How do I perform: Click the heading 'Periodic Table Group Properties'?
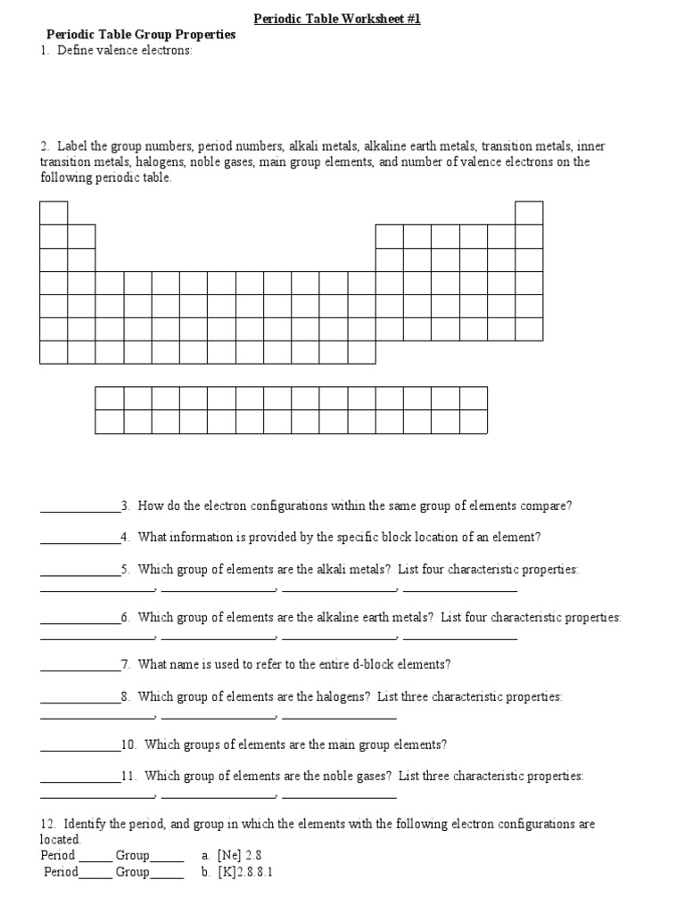coord(141,35)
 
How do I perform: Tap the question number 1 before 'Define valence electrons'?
coord(44,51)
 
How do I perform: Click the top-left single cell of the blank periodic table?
coord(54,212)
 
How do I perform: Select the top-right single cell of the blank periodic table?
coord(529,212)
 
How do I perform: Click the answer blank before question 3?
coord(80,507)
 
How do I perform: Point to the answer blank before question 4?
coord(80,538)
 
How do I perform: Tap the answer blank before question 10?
coord(80,745)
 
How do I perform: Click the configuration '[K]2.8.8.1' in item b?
coord(244,872)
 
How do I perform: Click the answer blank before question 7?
coord(80,666)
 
